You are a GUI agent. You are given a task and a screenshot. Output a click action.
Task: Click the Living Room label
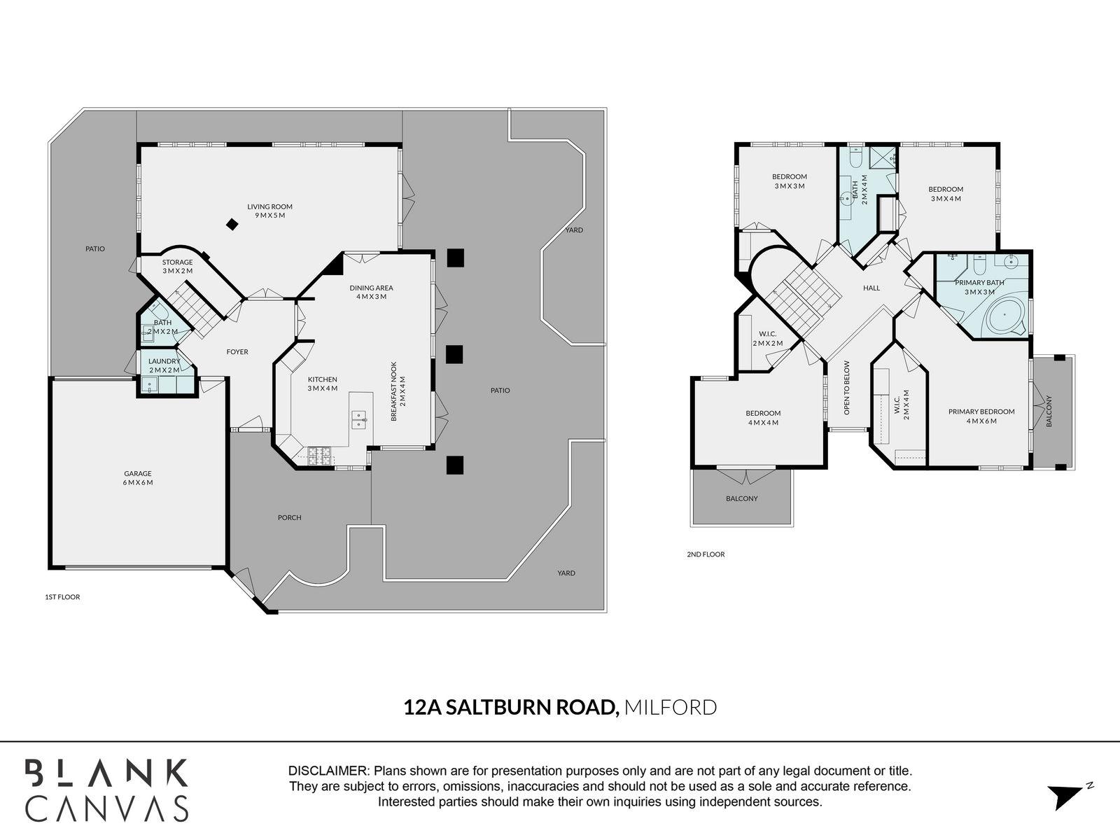[269, 211]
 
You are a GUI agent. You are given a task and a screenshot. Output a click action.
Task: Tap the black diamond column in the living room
[231, 225]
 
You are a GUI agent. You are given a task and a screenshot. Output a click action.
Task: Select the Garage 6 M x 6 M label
[138, 478]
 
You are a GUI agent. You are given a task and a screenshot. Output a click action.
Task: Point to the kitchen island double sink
[359, 419]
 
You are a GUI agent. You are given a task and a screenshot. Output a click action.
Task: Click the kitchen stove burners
[319, 456]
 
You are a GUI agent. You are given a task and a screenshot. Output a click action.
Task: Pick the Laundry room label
[164, 365]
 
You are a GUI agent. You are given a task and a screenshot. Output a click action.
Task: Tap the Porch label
[289, 518]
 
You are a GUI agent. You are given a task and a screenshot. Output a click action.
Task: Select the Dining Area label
[371, 292]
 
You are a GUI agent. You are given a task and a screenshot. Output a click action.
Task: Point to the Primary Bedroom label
[981, 416]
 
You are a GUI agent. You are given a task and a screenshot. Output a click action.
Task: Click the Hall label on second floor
[871, 288]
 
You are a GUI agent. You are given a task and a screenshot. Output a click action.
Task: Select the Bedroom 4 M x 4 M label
[763, 417]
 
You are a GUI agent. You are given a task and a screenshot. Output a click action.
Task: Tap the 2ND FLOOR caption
[706, 554]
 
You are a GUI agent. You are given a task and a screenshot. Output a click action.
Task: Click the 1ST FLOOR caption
[62, 597]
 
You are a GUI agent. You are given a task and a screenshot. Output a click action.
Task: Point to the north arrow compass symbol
[1065, 797]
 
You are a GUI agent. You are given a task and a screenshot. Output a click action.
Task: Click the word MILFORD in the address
[670, 708]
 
